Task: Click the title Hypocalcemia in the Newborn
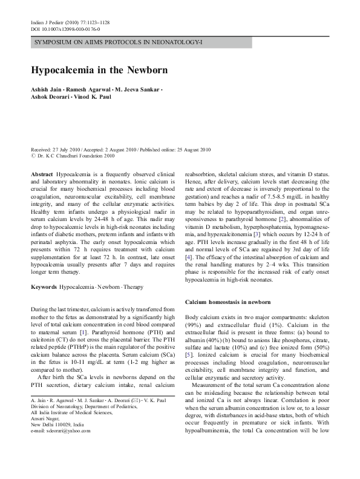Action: [x=100, y=70]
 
